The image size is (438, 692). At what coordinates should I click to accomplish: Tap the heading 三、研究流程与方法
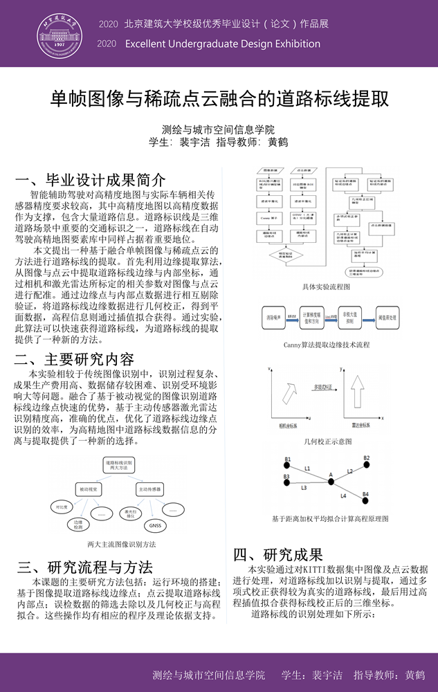coord(84,567)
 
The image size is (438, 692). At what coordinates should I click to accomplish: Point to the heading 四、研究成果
coord(278,554)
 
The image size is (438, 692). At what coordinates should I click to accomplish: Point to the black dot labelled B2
coord(367,465)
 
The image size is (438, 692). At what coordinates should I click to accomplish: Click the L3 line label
coord(304,488)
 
